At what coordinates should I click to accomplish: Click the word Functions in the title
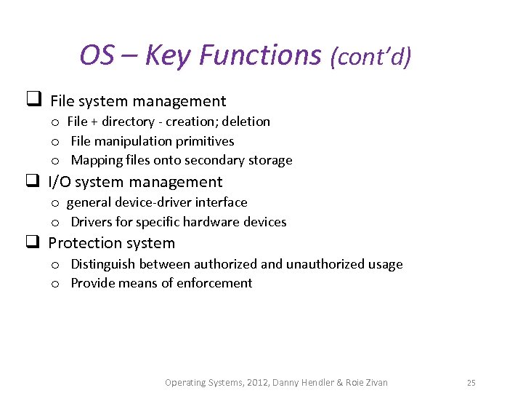(260, 55)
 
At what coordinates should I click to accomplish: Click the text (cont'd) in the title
(370, 57)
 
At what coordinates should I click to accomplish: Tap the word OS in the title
(97, 55)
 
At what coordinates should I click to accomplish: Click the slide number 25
(471, 383)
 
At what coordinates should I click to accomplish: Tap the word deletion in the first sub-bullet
(246, 122)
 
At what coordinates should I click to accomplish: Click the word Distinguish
(103, 264)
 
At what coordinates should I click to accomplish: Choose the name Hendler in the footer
(317, 383)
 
